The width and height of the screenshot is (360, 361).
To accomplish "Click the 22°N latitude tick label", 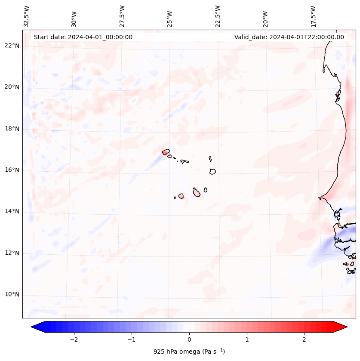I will [x=12, y=46].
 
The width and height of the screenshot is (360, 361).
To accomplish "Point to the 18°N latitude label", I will [x=12, y=129].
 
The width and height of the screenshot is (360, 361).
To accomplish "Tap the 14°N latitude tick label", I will [x=12, y=211].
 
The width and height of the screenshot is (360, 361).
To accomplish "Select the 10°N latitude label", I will [x=12, y=294].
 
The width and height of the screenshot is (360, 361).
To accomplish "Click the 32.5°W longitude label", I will [x=27, y=16].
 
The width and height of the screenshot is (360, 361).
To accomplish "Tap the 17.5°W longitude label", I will [x=314, y=16].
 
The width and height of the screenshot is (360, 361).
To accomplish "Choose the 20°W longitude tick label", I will [x=266, y=19].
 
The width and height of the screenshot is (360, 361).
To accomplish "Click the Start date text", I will [x=83, y=37].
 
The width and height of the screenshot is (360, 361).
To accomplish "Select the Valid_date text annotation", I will [x=289, y=37].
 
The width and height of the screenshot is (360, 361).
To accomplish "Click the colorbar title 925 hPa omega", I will [x=189, y=352].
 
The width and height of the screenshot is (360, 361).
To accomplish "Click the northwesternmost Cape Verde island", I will [x=166, y=151].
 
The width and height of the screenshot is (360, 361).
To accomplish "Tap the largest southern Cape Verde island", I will [x=197, y=192].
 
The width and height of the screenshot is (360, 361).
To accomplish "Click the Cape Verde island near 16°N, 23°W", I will [x=212, y=171].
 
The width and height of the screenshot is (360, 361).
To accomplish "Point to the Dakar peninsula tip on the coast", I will [x=319, y=198].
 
